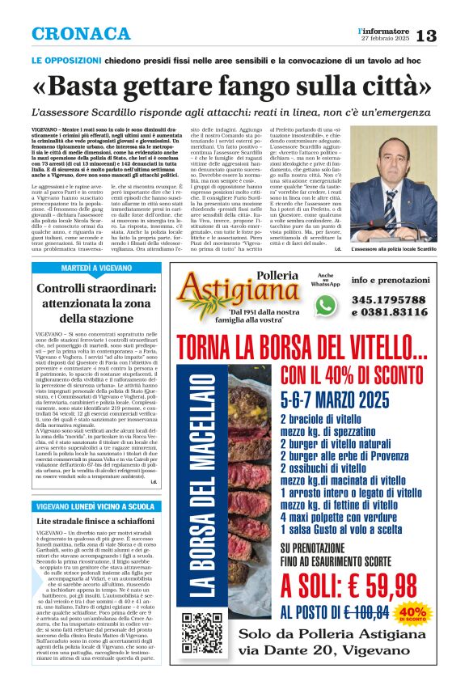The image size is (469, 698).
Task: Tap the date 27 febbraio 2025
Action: pyautogui.click(x=386, y=39)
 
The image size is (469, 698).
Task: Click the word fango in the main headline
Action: pyautogui.click(x=275, y=87)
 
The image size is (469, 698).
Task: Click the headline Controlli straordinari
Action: pyautogui.click(x=95, y=289)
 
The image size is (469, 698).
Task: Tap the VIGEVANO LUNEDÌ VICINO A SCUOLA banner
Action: pyautogui.click(x=95, y=506)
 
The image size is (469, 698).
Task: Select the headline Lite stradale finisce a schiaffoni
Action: pyautogui.click(x=94, y=523)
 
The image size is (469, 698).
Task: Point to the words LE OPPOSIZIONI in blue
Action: pyautogui.click(x=69, y=61)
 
